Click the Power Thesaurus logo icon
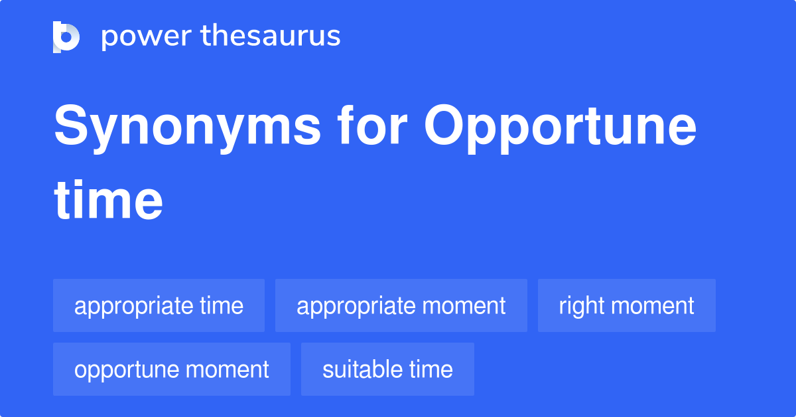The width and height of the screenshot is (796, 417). tap(66, 37)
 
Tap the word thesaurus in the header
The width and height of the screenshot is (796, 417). tap(271, 35)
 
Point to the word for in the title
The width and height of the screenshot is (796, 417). tap(372, 125)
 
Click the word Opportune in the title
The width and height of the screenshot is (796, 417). tap(560, 129)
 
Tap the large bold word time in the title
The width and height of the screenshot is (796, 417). tap(108, 200)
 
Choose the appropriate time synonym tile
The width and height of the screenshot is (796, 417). tap(159, 305)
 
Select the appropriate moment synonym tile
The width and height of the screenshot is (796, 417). tap(401, 305)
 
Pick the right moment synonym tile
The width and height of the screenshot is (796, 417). tap(626, 305)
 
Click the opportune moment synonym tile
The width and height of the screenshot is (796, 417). tap(172, 369)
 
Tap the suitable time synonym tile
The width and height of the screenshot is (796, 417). tap(387, 369)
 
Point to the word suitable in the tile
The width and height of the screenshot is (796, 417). tap(362, 369)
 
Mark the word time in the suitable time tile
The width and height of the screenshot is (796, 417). tap(431, 369)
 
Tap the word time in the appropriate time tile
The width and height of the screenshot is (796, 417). tap(222, 305)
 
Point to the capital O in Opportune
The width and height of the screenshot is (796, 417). tap(444, 125)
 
